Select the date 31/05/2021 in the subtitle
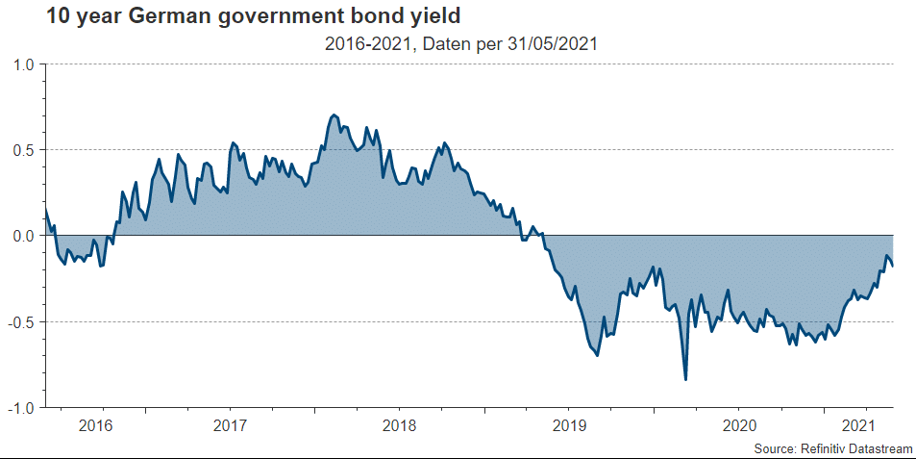(x=542, y=44)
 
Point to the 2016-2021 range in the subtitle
(x=361, y=44)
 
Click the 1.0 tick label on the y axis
(x=23, y=64)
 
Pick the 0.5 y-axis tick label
(x=23, y=150)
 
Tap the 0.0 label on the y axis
(x=23, y=236)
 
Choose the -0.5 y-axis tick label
(x=21, y=321)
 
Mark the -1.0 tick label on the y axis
(x=21, y=407)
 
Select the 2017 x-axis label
(x=231, y=426)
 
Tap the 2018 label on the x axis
(x=400, y=426)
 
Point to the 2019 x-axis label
(x=569, y=426)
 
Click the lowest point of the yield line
(x=685, y=380)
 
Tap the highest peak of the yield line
(x=334, y=115)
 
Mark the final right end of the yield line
(x=893, y=266)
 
